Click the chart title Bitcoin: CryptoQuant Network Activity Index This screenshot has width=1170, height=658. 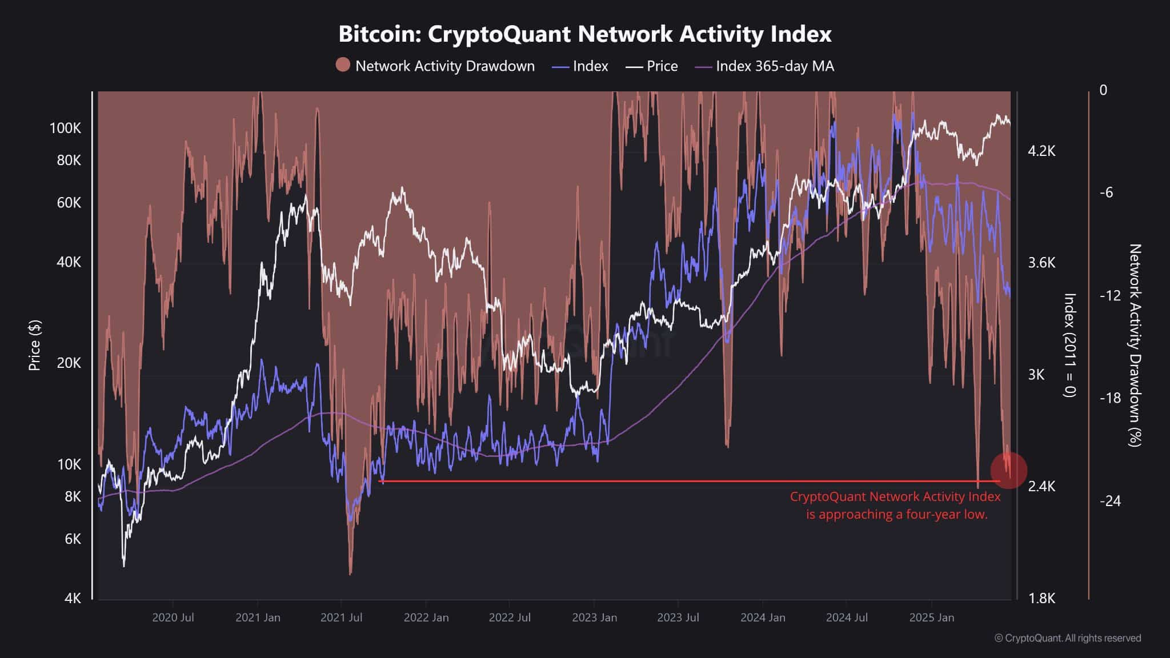click(x=584, y=34)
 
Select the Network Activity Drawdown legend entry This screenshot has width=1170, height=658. click(x=435, y=66)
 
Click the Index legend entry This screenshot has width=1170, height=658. click(x=580, y=66)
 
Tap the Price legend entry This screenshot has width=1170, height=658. click(x=652, y=66)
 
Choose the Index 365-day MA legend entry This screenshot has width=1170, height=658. click(x=764, y=66)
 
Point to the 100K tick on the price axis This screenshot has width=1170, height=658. click(x=65, y=128)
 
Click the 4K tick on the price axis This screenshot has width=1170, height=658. click(x=73, y=598)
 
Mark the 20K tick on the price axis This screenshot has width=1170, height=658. click(x=69, y=363)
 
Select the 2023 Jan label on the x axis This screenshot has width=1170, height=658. click(x=594, y=617)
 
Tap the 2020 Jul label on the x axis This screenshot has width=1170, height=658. click(x=173, y=617)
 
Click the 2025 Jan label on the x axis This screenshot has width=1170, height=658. click(x=931, y=617)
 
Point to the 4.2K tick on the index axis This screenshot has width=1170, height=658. click(x=1041, y=151)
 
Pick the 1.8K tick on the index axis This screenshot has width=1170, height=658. click(x=1041, y=598)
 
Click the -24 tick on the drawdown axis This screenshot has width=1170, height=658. click(x=1110, y=501)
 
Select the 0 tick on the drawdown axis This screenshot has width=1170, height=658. click(x=1103, y=90)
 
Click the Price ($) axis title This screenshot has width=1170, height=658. click(x=35, y=346)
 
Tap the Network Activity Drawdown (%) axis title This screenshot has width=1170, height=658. click(x=1135, y=345)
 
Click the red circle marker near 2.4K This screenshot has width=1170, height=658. click(x=1008, y=470)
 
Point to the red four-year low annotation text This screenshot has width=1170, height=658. click(x=895, y=505)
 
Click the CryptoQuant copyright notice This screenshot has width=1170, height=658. click(x=1067, y=638)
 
